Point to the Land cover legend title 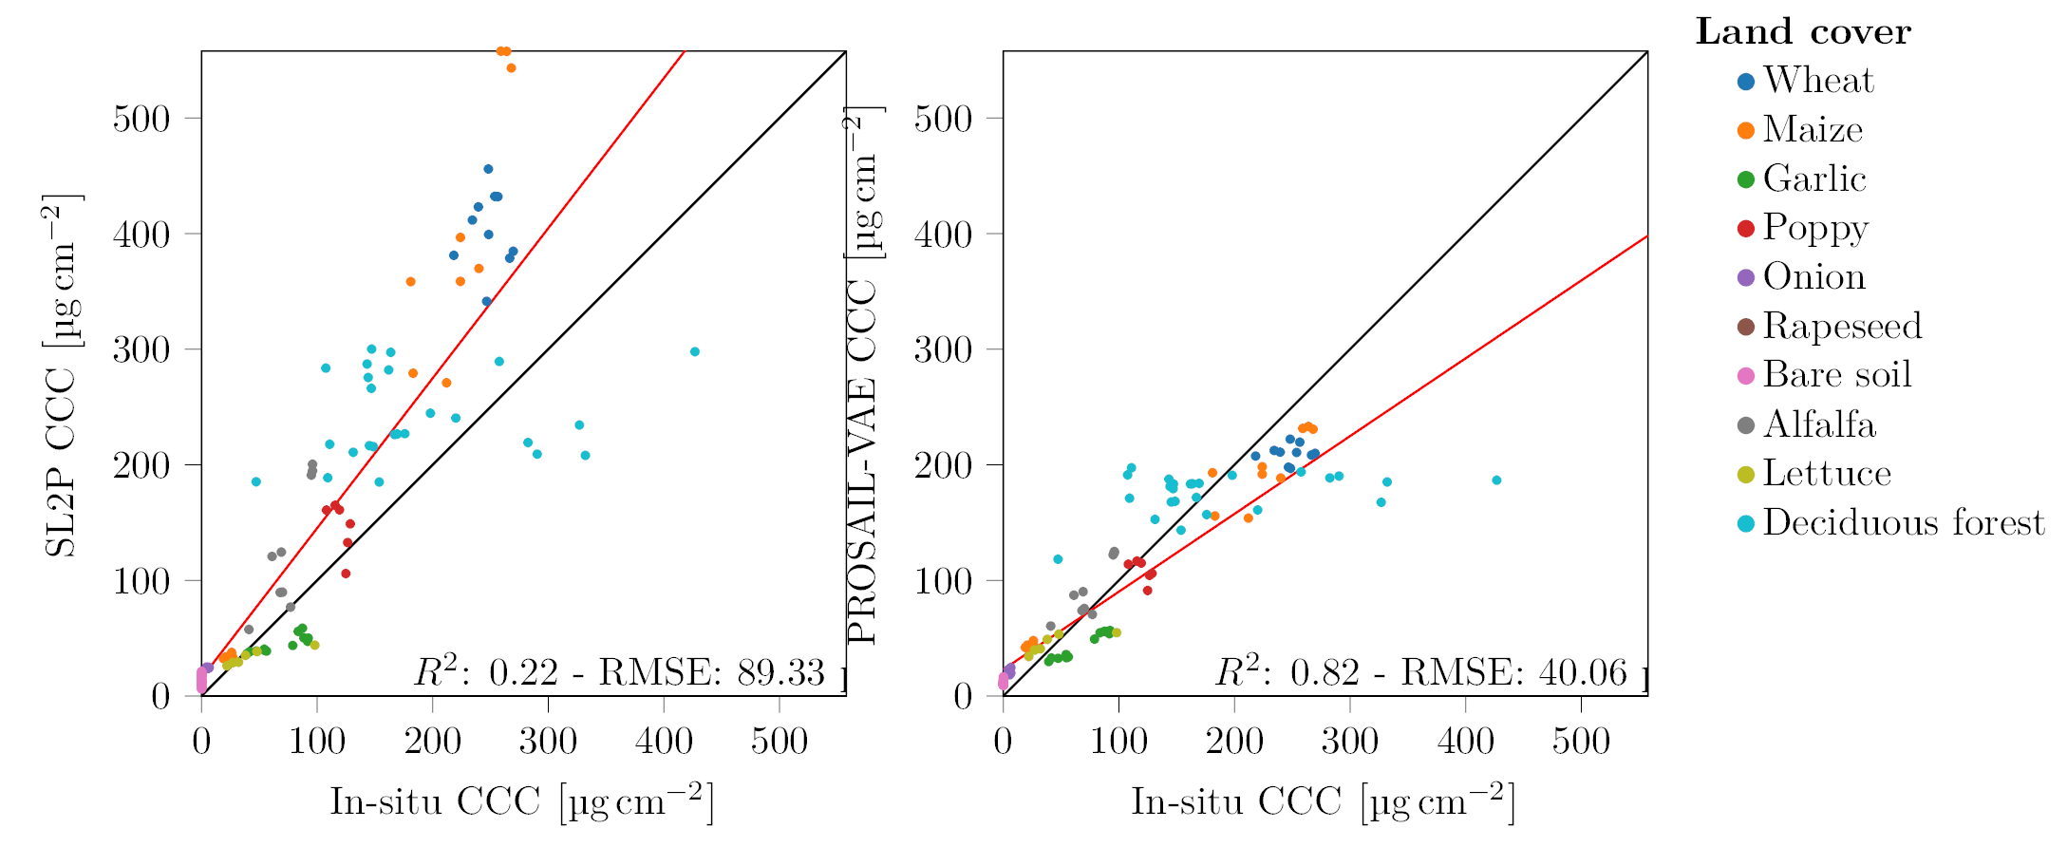coord(1803,32)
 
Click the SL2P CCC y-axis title coord(62,375)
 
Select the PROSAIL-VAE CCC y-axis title coord(863,375)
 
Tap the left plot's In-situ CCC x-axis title coord(521,802)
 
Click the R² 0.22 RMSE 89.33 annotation coord(619,673)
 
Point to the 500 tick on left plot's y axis coord(141,119)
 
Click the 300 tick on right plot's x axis coord(1349,742)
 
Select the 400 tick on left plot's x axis coord(664,742)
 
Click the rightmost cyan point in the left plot coord(694,352)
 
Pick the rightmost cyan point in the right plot coord(1496,480)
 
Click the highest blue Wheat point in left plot coord(488,170)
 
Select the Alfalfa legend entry coord(1818,424)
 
